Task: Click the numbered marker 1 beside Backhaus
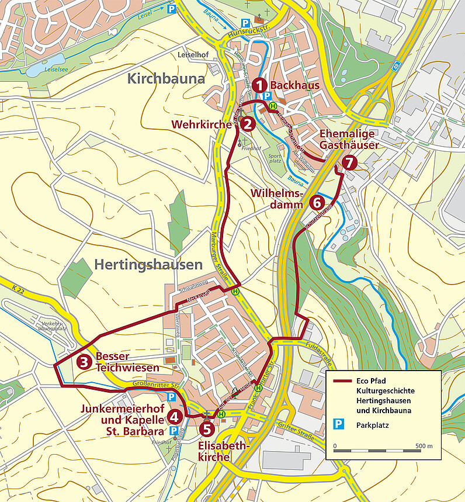(260, 85)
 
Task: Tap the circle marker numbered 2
(248, 123)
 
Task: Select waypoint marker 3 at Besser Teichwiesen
(84, 362)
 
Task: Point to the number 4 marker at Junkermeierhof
(174, 416)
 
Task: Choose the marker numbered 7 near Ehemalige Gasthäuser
(349, 162)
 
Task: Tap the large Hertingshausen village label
(148, 265)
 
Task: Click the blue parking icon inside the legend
(338, 425)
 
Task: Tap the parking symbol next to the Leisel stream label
(172, 9)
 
